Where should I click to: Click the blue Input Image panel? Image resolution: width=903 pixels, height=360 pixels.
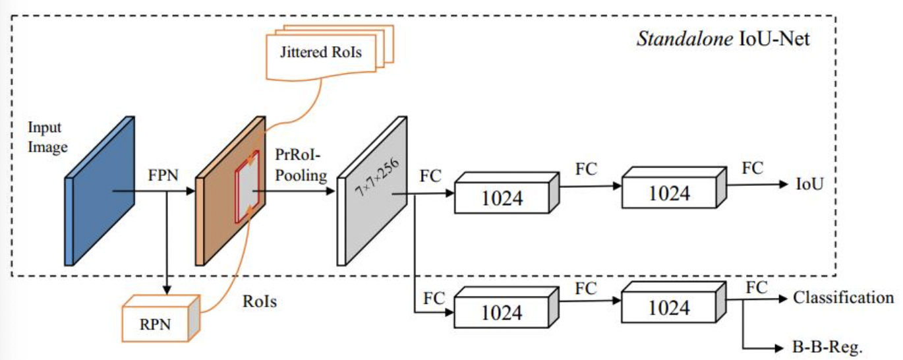(x=99, y=191)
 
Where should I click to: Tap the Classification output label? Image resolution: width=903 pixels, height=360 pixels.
(x=843, y=297)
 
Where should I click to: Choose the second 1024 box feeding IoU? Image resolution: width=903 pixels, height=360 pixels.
(x=670, y=193)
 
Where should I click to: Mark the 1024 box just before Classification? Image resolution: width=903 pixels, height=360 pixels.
(x=670, y=307)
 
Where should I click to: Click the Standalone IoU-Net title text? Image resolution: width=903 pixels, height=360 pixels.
(x=722, y=38)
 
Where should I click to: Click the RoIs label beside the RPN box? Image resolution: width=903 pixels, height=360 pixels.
(x=258, y=302)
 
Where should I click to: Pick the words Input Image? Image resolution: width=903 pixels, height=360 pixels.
(x=47, y=137)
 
